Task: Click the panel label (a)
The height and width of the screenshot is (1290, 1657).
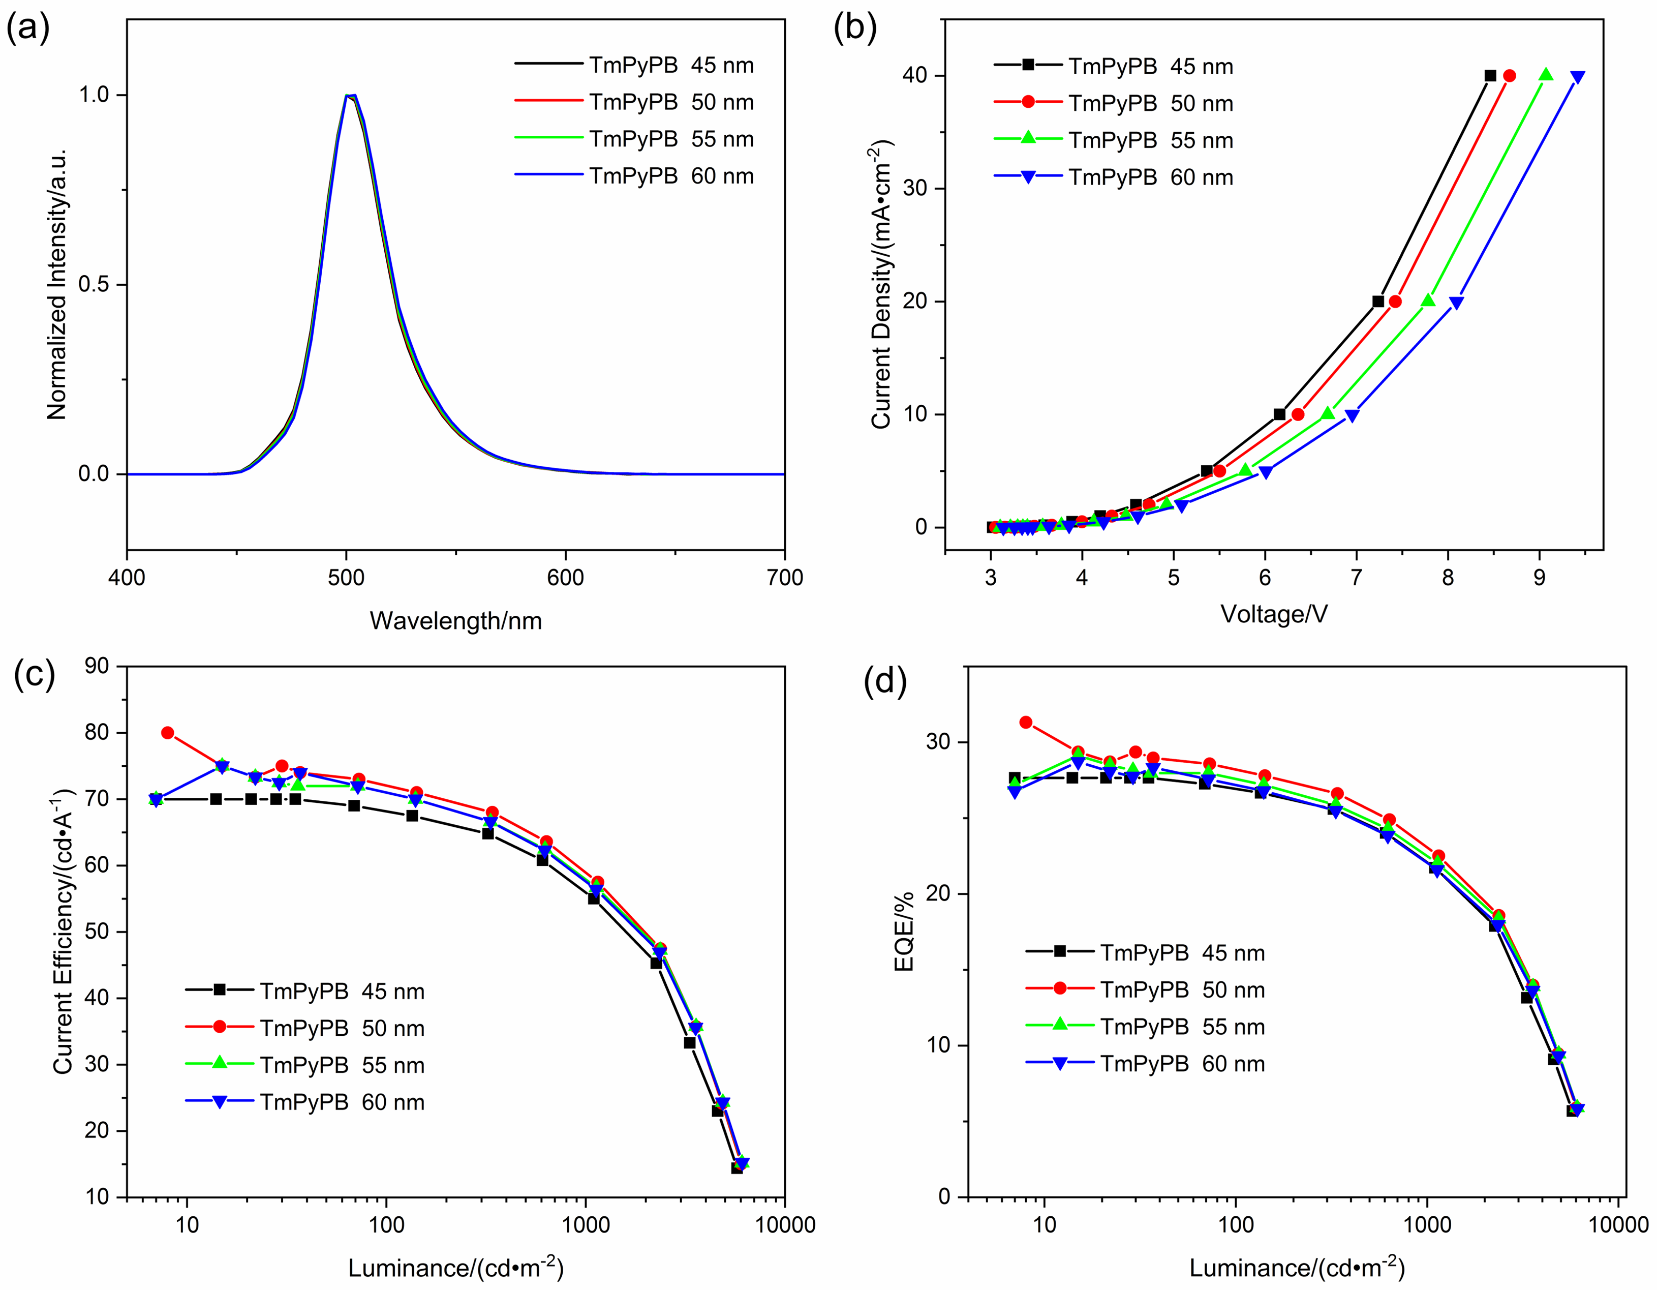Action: [x=28, y=29]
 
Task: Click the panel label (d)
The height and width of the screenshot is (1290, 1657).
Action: [x=884, y=681]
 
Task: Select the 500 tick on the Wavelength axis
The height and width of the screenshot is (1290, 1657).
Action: [x=346, y=578]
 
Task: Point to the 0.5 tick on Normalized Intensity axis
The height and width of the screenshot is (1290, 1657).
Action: [x=94, y=285]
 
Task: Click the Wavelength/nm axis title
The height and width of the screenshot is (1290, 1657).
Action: [x=455, y=621]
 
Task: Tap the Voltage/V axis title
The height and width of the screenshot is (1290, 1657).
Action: [x=1274, y=614]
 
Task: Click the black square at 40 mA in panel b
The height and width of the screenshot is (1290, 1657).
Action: [x=1490, y=76]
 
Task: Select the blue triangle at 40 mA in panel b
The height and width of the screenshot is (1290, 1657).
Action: [x=1577, y=77]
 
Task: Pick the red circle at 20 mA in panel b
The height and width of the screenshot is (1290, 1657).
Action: [x=1395, y=301]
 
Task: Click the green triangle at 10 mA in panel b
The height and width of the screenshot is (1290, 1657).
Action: [x=1328, y=413]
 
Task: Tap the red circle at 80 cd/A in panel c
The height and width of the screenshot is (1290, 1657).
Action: [x=168, y=733]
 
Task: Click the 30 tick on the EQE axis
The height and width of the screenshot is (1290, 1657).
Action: [x=939, y=741]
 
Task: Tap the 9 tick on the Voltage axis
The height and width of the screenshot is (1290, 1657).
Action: [x=1540, y=578]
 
